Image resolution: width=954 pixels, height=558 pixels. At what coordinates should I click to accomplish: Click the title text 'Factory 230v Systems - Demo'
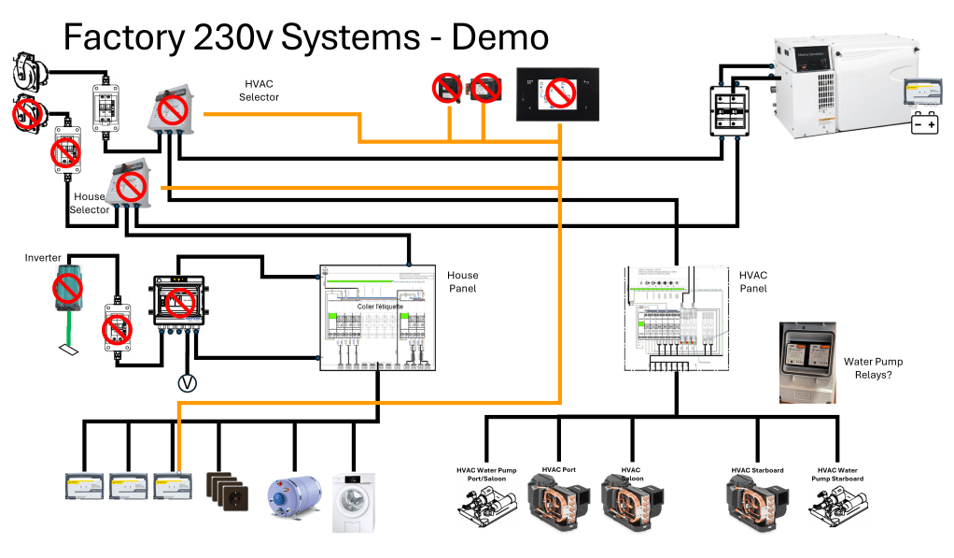click(x=305, y=38)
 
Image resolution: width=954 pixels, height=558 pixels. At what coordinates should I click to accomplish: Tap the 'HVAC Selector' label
click(x=259, y=91)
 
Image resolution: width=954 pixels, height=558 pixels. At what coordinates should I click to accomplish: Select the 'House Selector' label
click(x=90, y=204)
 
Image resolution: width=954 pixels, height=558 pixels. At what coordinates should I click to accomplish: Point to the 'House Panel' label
click(x=463, y=281)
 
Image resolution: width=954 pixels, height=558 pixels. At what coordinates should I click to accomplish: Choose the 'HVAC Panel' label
click(x=753, y=282)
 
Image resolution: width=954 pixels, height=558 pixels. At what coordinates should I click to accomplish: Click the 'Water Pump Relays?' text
click(x=873, y=368)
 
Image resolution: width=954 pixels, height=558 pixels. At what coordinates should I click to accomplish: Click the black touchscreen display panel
click(x=557, y=93)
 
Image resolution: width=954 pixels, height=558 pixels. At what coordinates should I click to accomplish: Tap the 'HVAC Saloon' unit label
click(x=630, y=475)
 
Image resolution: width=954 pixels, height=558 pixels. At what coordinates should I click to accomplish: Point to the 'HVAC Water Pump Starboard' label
click(x=840, y=474)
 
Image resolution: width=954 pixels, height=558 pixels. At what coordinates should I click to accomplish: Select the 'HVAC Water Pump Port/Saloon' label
click(x=485, y=474)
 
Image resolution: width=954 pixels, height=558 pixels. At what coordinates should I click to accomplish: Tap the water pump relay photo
click(x=806, y=362)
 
